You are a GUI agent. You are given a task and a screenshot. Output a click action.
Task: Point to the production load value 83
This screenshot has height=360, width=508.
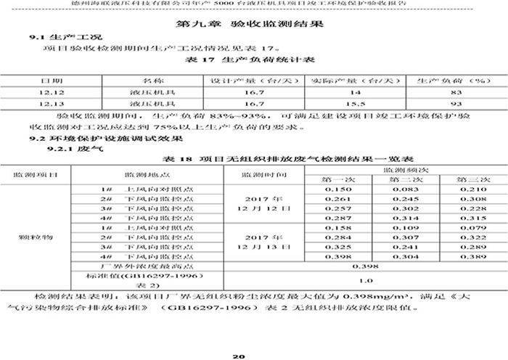[x=456, y=93]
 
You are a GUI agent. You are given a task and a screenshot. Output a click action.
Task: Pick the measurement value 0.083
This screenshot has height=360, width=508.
[x=403, y=189]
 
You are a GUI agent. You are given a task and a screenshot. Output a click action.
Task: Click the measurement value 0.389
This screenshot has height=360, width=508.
[x=471, y=256]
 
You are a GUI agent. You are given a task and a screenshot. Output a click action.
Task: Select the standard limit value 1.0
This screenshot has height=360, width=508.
[x=366, y=280]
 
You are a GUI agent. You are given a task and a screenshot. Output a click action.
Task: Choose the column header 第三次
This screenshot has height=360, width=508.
[x=471, y=179]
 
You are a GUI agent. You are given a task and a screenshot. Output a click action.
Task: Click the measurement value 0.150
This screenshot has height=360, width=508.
[x=338, y=189]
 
